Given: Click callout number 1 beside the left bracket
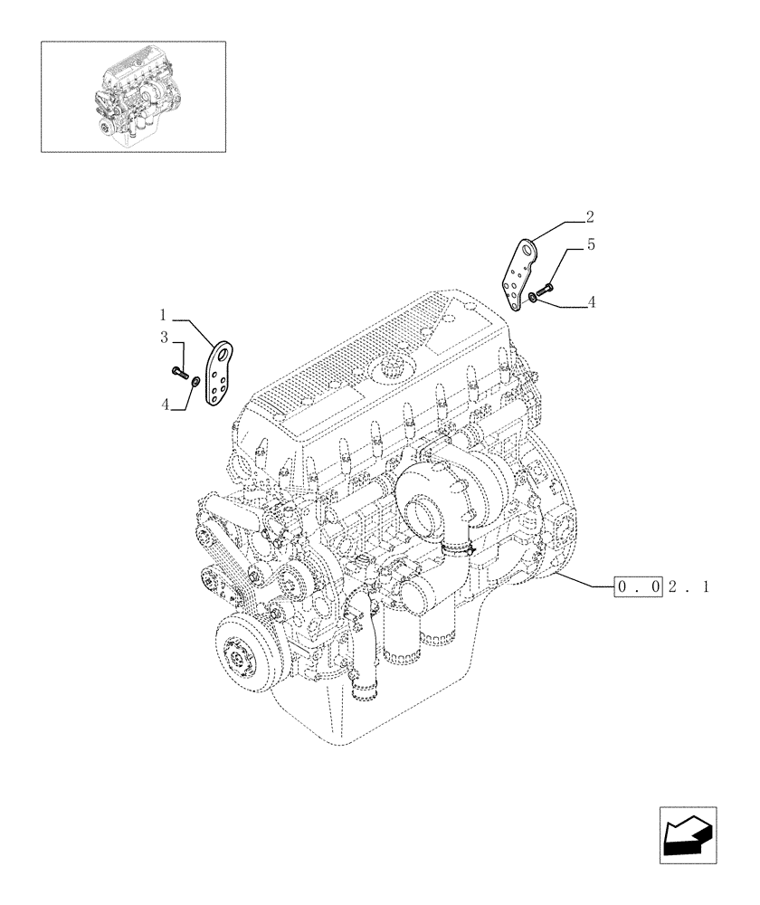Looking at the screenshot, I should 164,316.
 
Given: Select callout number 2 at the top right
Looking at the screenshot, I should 589,216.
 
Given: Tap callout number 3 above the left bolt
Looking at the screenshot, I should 165,338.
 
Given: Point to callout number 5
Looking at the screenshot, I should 590,244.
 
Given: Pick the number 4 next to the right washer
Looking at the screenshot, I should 591,303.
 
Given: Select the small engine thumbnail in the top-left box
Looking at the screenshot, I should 133,95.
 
